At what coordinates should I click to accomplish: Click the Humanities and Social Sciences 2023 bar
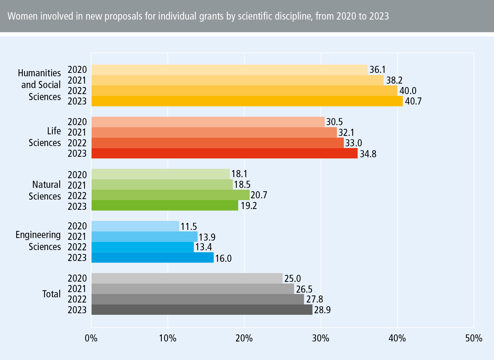click(247, 101)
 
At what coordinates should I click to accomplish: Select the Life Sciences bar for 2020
click(208, 122)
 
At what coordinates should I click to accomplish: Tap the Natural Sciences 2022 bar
click(170, 195)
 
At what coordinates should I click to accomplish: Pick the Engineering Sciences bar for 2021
click(144, 237)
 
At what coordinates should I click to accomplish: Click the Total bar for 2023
click(202, 310)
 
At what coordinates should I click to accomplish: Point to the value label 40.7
click(413, 101)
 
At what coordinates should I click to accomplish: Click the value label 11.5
click(189, 227)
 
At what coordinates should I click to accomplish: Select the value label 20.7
click(259, 195)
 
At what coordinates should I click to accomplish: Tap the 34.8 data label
click(368, 154)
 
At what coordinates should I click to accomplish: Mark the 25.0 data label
click(292, 278)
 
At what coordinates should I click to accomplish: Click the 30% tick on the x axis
click(321, 338)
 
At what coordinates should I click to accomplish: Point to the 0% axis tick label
click(91, 338)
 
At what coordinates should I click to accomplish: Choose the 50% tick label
click(474, 338)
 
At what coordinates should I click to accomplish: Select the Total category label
click(51, 294)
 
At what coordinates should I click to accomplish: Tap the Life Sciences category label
click(45, 137)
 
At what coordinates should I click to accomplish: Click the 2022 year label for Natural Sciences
click(77, 196)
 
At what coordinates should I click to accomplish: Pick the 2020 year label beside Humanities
click(77, 69)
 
